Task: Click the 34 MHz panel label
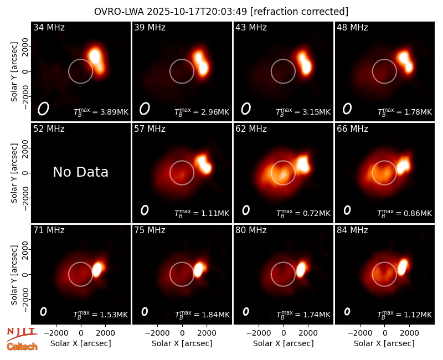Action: [49, 27]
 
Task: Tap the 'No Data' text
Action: [80, 172]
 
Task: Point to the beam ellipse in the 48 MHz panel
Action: [347, 109]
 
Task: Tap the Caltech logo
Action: [22, 347]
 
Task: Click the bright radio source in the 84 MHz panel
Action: [403, 268]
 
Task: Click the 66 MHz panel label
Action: [352, 129]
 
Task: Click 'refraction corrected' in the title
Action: [299, 12]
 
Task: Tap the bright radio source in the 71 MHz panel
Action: [98, 269]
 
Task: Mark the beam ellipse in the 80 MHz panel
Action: [246, 311]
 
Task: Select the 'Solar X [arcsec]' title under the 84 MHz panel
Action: [384, 343]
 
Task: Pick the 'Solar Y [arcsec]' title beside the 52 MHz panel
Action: [14, 173]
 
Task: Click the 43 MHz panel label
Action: [251, 27]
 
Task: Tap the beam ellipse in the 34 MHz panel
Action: [43, 109]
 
